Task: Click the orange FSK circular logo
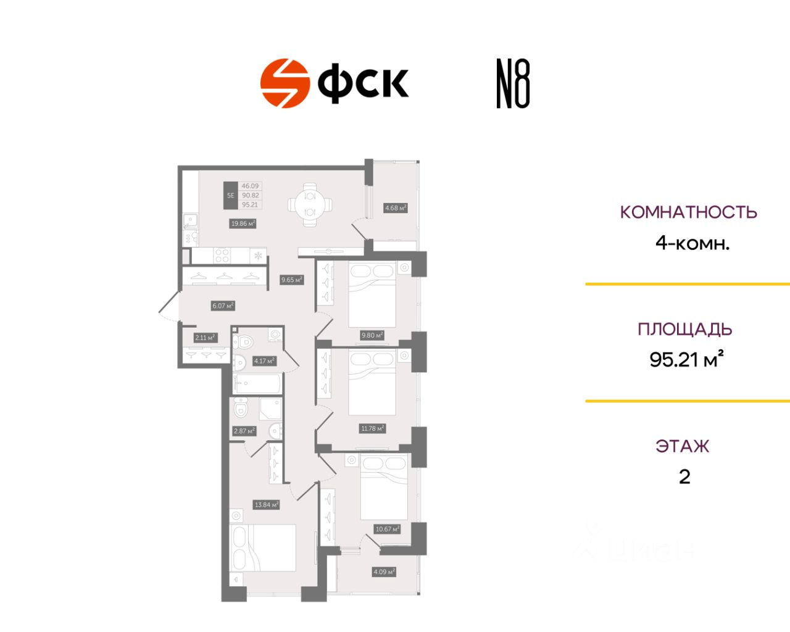[x=285, y=83]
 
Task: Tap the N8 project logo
[x=513, y=84]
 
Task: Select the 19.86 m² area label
[x=243, y=223]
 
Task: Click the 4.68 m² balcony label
[x=396, y=208]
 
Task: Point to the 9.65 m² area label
[x=292, y=280]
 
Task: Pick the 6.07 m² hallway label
[x=223, y=306]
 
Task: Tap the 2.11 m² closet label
[x=205, y=338]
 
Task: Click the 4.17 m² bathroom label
[x=264, y=360]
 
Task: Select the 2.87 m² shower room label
[x=244, y=431]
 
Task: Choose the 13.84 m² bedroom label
[x=267, y=505]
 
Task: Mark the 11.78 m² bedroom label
[x=372, y=428]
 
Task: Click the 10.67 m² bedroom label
[x=388, y=529]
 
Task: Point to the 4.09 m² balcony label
[x=384, y=572]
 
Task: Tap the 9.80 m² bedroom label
[x=372, y=335]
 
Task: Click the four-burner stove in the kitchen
[x=222, y=255]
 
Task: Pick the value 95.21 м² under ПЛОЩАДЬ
[x=686, y=359]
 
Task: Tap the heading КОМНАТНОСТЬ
[x=688, y=212]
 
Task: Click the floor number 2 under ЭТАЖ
[x=684, y=476]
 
